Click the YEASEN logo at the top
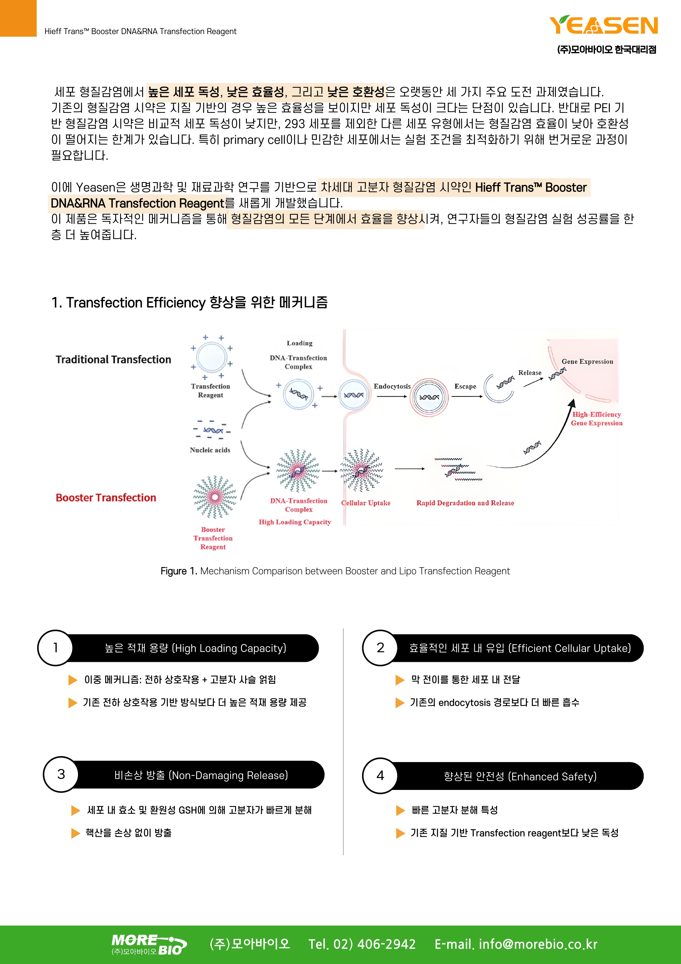click(x=603, y=25)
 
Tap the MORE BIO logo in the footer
click(x=149, y=944)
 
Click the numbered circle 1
click(x=55, y=648)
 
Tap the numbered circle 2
click(x=380, y=648)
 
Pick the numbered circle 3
click(x=61, y=774)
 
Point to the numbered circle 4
click(x=380, y=775)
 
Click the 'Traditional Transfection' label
click(x=113, y=359)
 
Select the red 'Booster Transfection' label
click(x=106, y=498)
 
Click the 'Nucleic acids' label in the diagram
click(x=210, y=450)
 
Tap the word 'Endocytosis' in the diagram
click(x=392, y=386)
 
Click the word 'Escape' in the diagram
click(x=465, y=386)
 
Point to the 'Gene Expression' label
click(x=587, y=362)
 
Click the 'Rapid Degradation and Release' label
click(x=465, y=503)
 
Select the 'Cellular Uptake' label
click(x=365, y=503)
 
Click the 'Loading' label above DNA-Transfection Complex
click(x=300, y=343)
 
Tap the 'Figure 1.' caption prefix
click(x=178, y=571)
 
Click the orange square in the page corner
click(x=18, y=18)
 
